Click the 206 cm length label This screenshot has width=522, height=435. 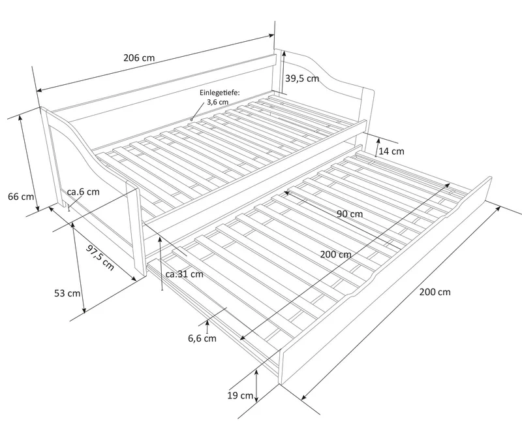tap(139, 57)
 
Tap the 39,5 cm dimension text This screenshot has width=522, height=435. tap(302, 78)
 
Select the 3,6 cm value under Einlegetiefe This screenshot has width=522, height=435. tap(218, 102)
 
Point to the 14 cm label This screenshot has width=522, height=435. tap(391, 152)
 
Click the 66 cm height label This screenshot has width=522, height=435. tap(21, 197)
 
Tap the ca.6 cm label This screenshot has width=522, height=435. tap(84, 192)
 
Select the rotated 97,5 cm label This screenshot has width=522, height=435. tap(100, 257)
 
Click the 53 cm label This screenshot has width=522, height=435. tap(67, 293)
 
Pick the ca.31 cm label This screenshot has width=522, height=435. tap(185, 274)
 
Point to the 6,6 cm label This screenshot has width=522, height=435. tap(202, 339)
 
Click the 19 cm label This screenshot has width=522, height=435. tap(240, 396)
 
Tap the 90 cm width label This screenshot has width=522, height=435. tap(350, 214)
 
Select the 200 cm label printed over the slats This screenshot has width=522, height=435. tap(336, 255)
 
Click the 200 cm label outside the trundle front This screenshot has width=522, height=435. tap(435, 292)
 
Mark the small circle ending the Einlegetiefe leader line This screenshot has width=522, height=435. tap(191, 120)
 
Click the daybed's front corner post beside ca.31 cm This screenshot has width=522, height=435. tap(136, 229)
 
